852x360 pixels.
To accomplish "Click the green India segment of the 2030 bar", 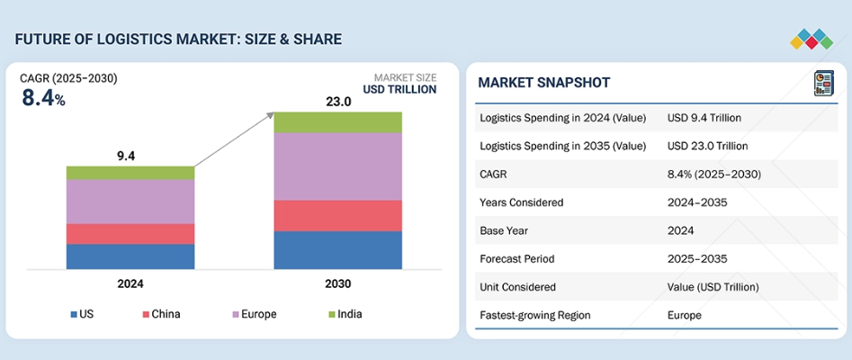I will coord(337,122).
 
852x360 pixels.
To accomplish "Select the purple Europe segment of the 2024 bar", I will coord(130,202).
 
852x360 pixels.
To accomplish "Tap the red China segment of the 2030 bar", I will coord(337,216).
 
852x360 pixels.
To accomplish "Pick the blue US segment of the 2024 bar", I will coord(130,256).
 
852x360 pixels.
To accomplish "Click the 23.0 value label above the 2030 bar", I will coord(337,102).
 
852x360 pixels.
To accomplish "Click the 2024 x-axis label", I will coord(130,283).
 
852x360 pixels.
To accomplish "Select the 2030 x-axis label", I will coord(337,283).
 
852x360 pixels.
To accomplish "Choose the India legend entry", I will coord(345,314).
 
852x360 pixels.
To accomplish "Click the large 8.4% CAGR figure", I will coord(43,98).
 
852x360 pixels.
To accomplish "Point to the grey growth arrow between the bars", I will coord(234,139).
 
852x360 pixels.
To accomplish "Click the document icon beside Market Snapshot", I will coord(822,83).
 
